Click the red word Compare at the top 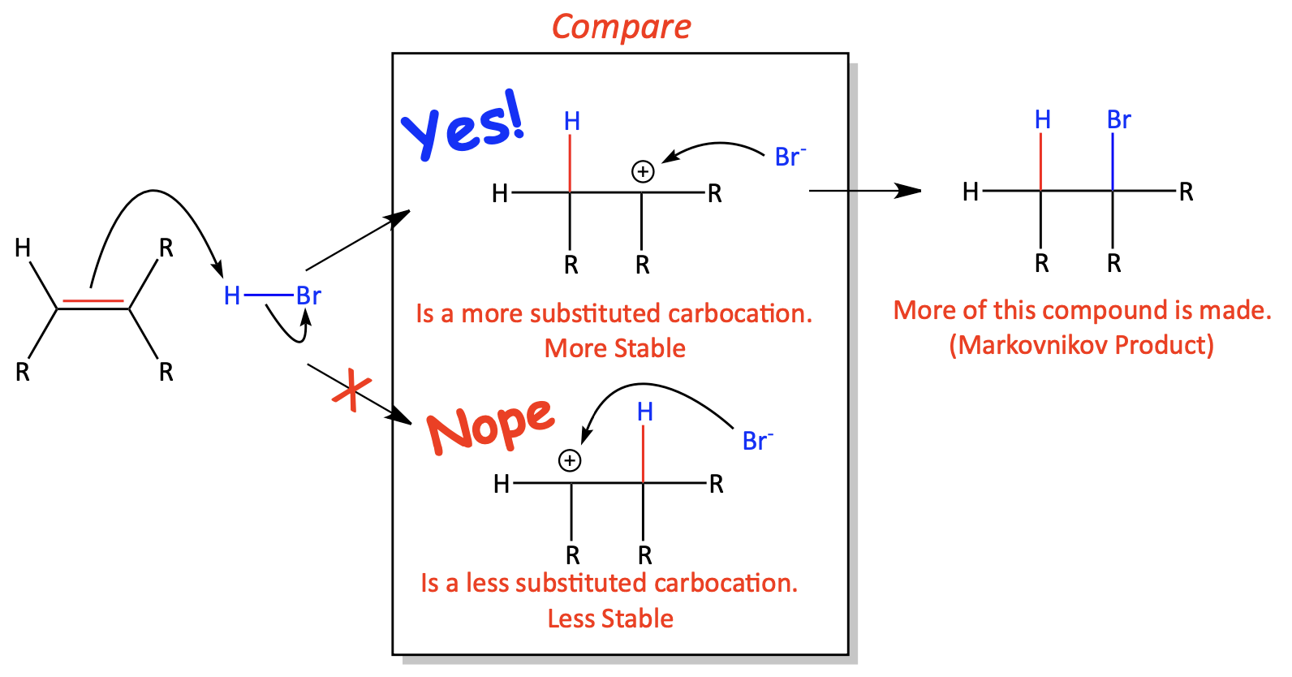[621, 28]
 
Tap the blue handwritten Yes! [463, 125]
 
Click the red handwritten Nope [490, 426]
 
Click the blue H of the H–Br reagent [232, 296]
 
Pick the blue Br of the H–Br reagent [308, 296]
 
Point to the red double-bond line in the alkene [93, 300]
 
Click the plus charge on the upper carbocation [643, 171]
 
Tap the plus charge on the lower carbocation [570, 460]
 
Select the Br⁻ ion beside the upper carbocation [790, 157]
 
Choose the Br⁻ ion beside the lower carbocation [757, 441]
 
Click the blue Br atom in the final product [1119, 120]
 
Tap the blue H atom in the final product [1042, 120]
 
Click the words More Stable [615, 348]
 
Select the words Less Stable [610, 619]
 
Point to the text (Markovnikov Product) [1082, 345]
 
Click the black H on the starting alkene [23, 248]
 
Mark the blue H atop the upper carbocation [571, 122]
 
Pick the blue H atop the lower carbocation [645, 412]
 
